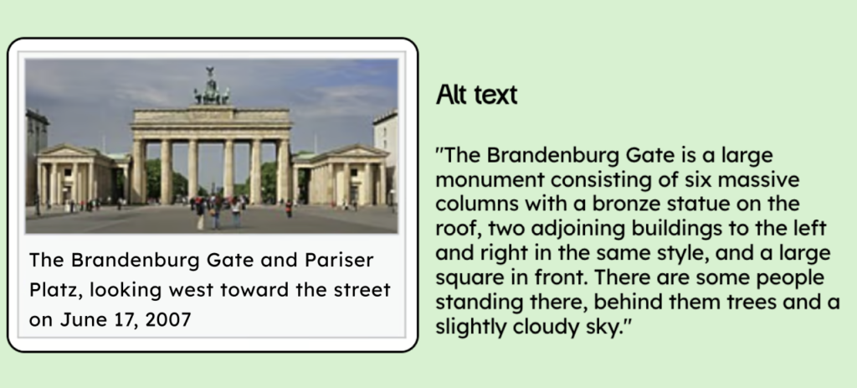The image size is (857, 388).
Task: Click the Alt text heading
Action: (x=476, y=96)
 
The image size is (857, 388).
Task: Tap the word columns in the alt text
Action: (x=476, y=204)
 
